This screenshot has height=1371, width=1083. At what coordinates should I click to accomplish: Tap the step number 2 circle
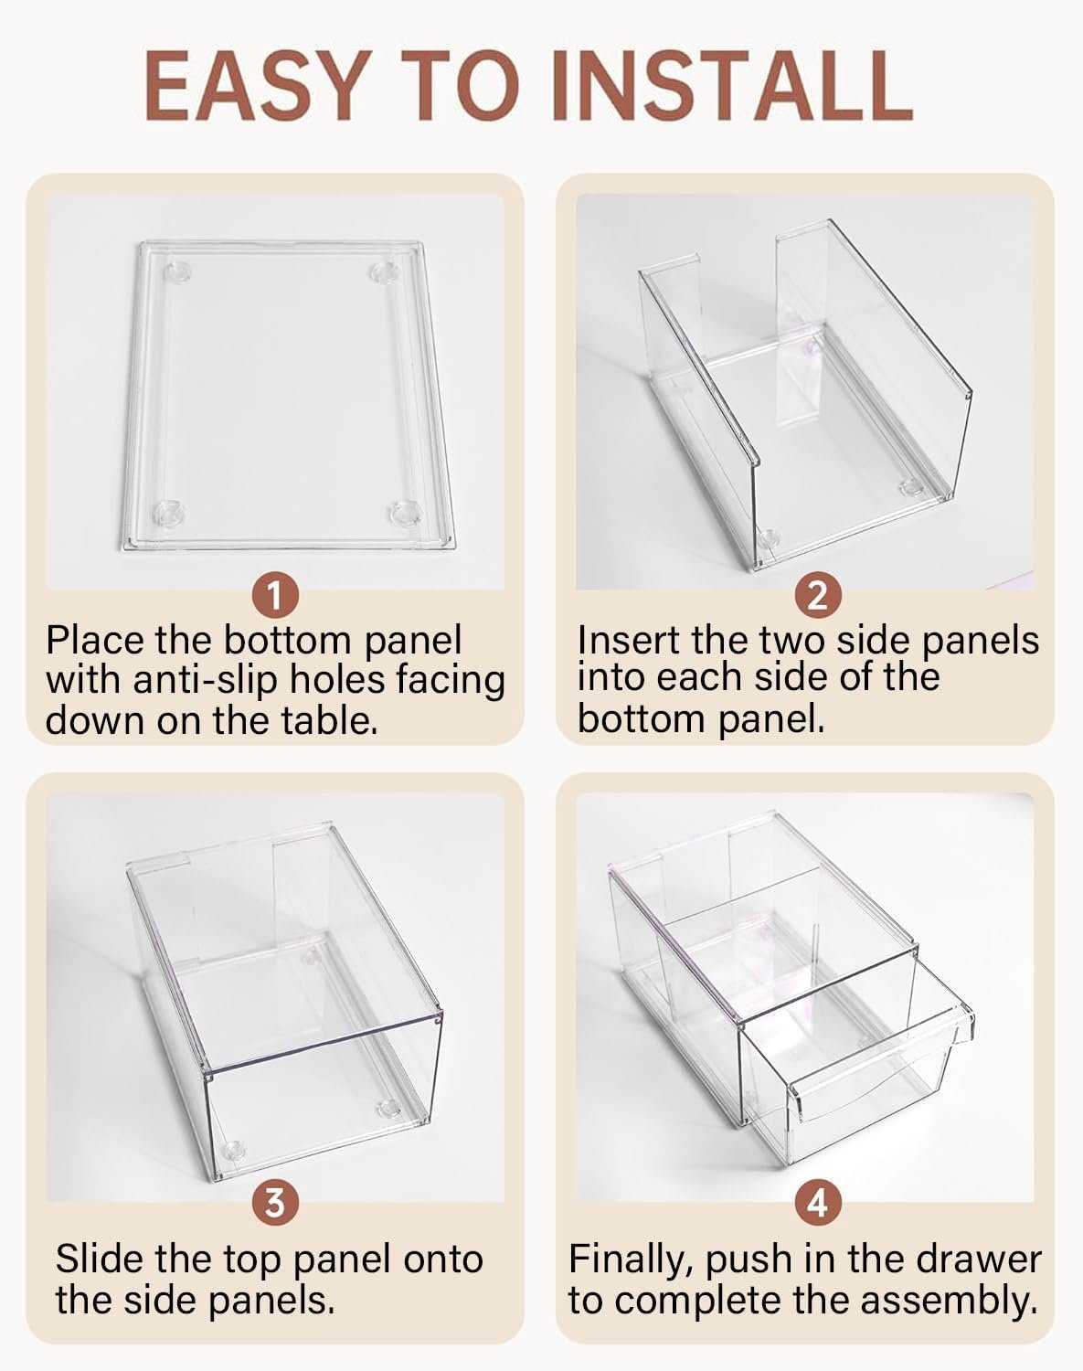pyautogui.click(x=818, y=596)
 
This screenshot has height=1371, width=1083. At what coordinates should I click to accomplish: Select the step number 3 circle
pyautogui.click(x=275, y=1204)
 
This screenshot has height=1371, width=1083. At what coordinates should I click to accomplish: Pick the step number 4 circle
pyautogui.click(x=818, y=1204)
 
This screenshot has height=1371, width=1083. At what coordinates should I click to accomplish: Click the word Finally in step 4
pyautogui.click(x=632, y=1259)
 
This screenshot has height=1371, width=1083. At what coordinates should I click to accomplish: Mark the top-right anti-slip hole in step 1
pyautogui.click(x=385, y=272)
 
